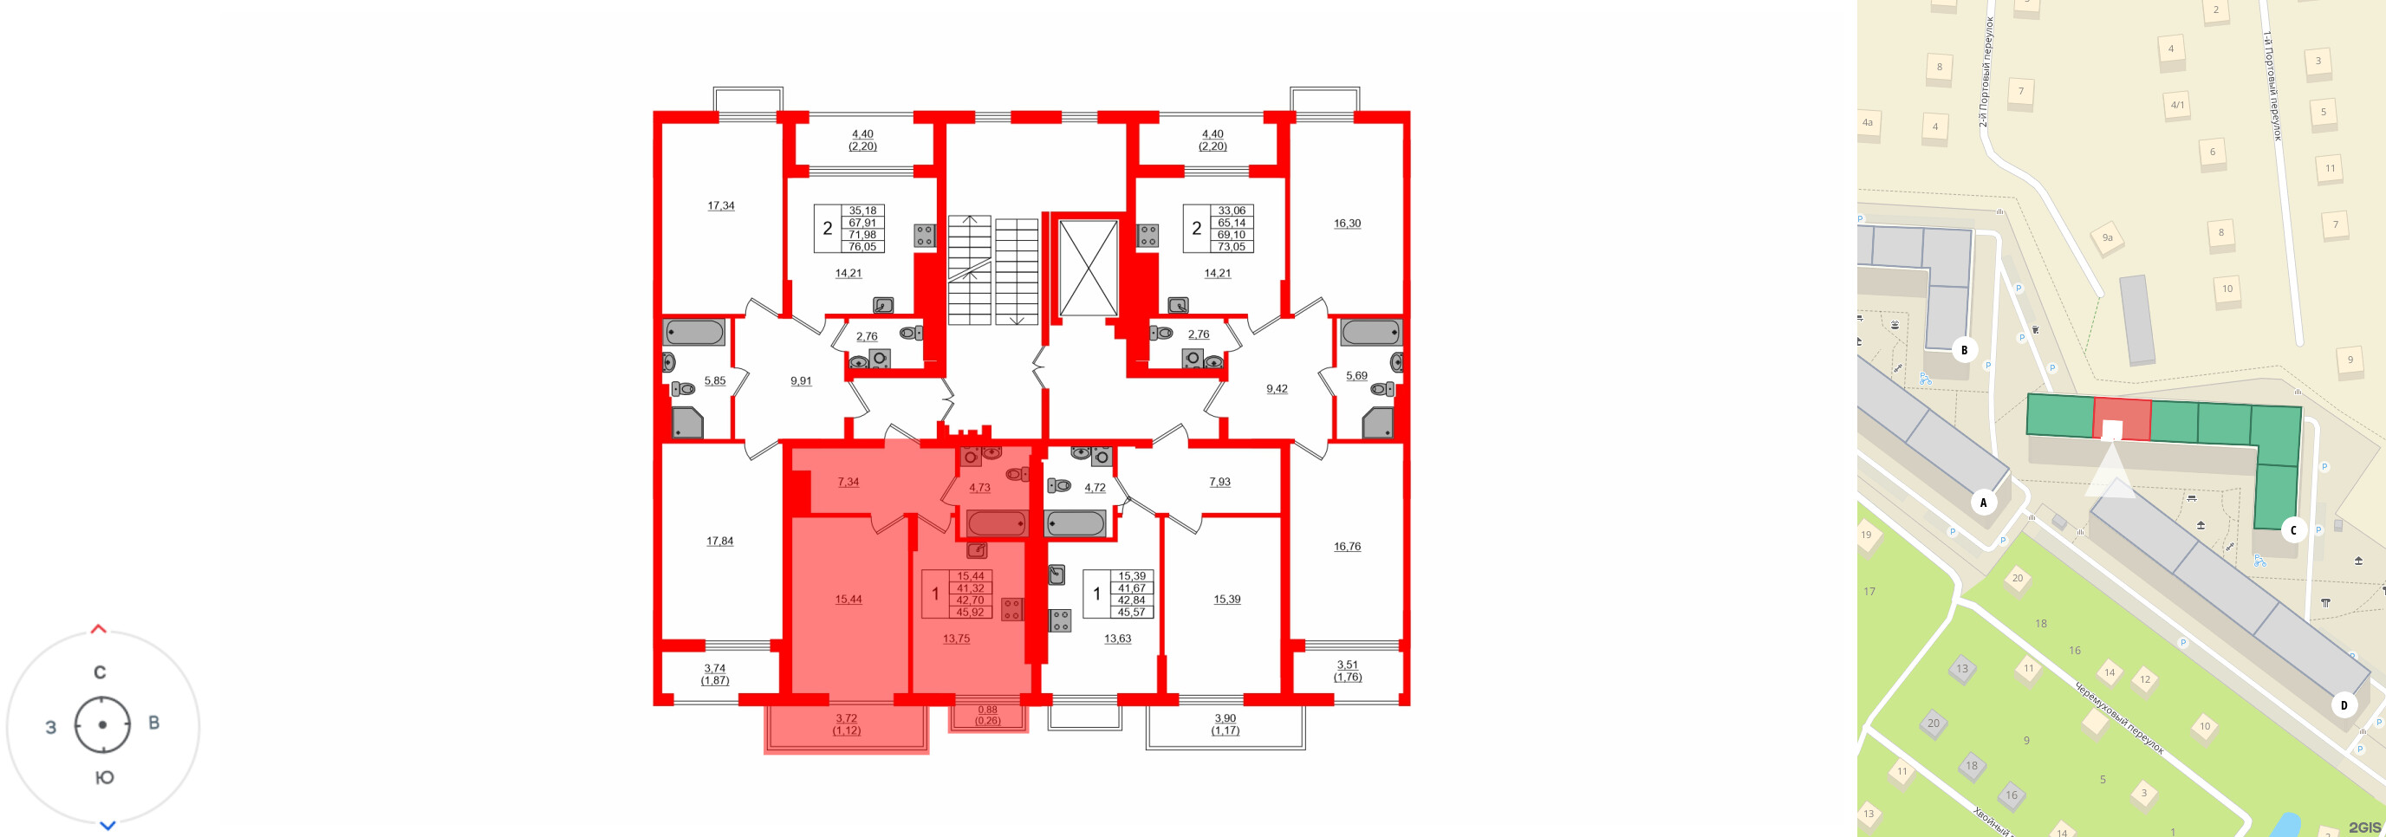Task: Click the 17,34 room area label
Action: click(x=720, y=205)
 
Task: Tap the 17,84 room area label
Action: click(x=719, y=541)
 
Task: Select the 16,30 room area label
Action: click(x=1347, y=224)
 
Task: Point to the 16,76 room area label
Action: click(x=1347, y=546)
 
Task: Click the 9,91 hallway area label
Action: click(x=800, y=380)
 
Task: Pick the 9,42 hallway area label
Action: click(x=1277, y=389)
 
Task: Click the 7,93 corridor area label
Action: click(x=1219, y=482)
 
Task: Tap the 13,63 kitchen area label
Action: click(x=1117, y=638)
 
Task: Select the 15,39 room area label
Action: click(x=1226, y=599)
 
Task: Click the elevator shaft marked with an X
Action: click(x=1088, y=268)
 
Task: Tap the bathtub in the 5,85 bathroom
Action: click(x=693, y=333)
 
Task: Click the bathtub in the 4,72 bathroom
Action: click(x=1075, y=524)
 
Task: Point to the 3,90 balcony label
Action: click(x=1225, y=718)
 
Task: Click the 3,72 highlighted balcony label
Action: click(x=846, y=718)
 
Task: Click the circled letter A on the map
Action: click(x=1983, y=503)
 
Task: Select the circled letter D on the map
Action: click(x=2344, y=705)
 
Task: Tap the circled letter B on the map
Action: click(x=1964, y=350)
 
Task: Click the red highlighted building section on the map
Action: click(x=2122, y=418)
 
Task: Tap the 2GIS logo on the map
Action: click(x=2363, y=827)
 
